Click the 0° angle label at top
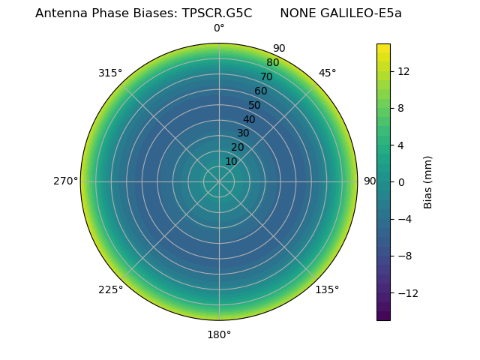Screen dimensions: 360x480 pos(219,28)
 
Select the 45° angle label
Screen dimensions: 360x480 pos(327,73)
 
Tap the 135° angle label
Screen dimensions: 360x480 pos(327,289)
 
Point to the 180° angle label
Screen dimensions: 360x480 pos(219,334)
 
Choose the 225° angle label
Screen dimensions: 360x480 pos(110,289)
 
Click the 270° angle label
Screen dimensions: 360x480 pos(65,181)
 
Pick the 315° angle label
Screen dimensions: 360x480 pos(110,73)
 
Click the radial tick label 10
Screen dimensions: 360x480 pos(231,161)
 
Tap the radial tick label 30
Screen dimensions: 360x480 pos(243,133)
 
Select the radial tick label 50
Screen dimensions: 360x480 pos(254,106)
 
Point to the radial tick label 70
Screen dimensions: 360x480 pos(266,77)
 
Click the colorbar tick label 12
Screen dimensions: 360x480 pos(403,71)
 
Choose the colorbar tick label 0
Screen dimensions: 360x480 pos(401,181)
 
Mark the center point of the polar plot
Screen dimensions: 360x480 pos(219,181)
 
